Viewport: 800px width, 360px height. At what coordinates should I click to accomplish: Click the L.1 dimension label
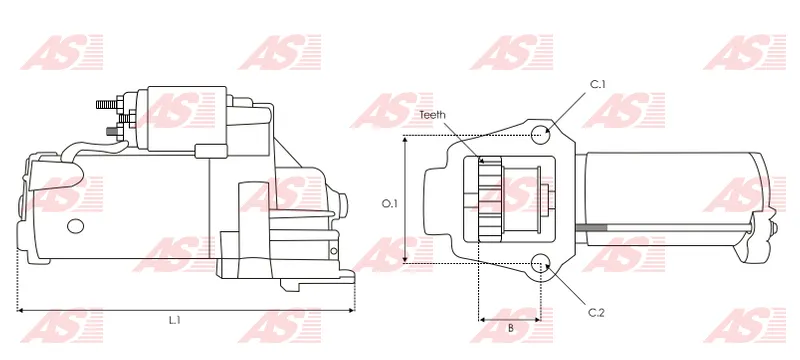pyautogui.click(x=175, y=320)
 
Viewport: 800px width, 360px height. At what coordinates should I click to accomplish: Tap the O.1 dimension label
pyautogui.click(x=390, y=203)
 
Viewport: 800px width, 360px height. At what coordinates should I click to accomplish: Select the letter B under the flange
pyautogui.click(x=511, y=328)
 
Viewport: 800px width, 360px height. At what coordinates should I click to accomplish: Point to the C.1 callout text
pyautogui.click(x=597, y=85)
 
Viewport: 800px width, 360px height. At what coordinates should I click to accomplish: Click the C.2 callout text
pyautogui.click(x=596, y=313)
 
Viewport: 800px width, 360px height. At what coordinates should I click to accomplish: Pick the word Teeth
pyautogui.click(x=432, y=115)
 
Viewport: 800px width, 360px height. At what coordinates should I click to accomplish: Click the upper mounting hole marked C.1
pyautogui.click(x=541, y=135)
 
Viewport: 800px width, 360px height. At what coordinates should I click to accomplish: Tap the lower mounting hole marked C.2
pyautogui.click(x=541, y=264)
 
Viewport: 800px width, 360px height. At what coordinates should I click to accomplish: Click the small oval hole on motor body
pyautogui.click(x=76, y=226)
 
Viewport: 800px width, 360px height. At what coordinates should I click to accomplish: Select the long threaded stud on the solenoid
pyautogui.click(x=107, y=105)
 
